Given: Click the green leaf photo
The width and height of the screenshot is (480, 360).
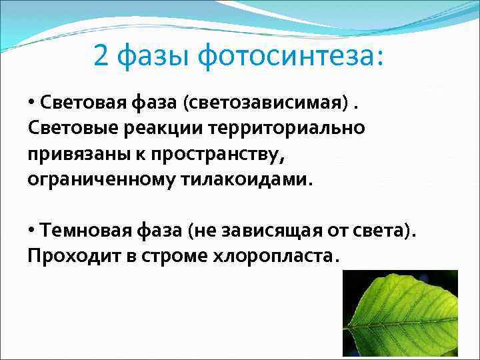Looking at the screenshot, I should (x=400, y=313).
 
